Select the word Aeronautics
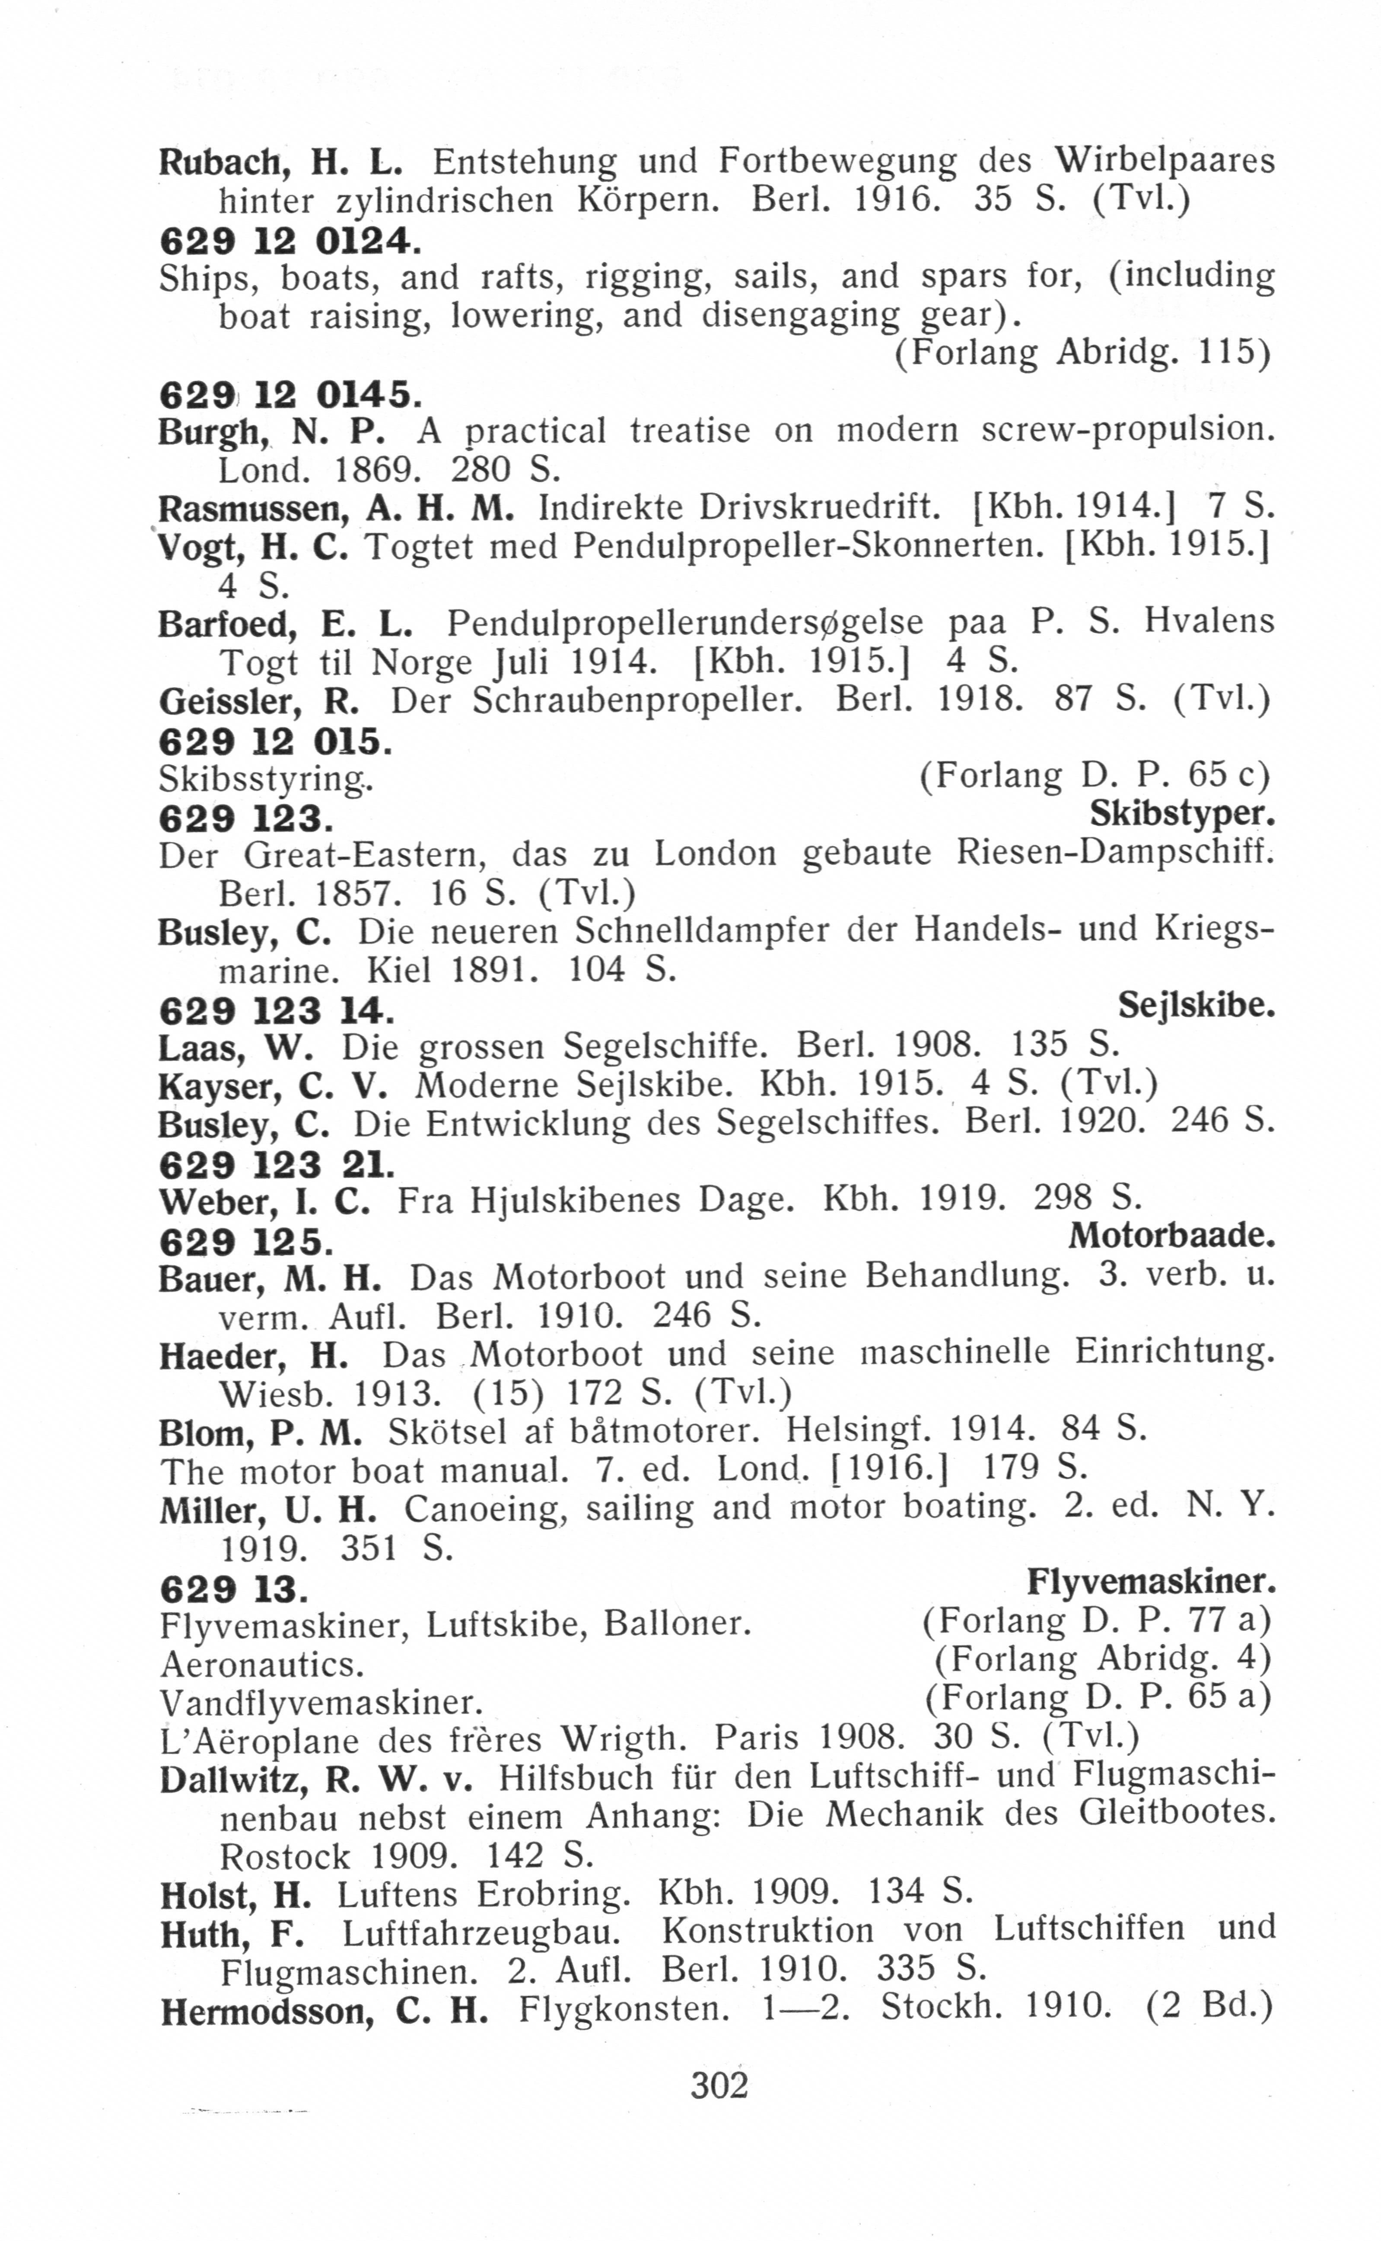[262, 1664]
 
